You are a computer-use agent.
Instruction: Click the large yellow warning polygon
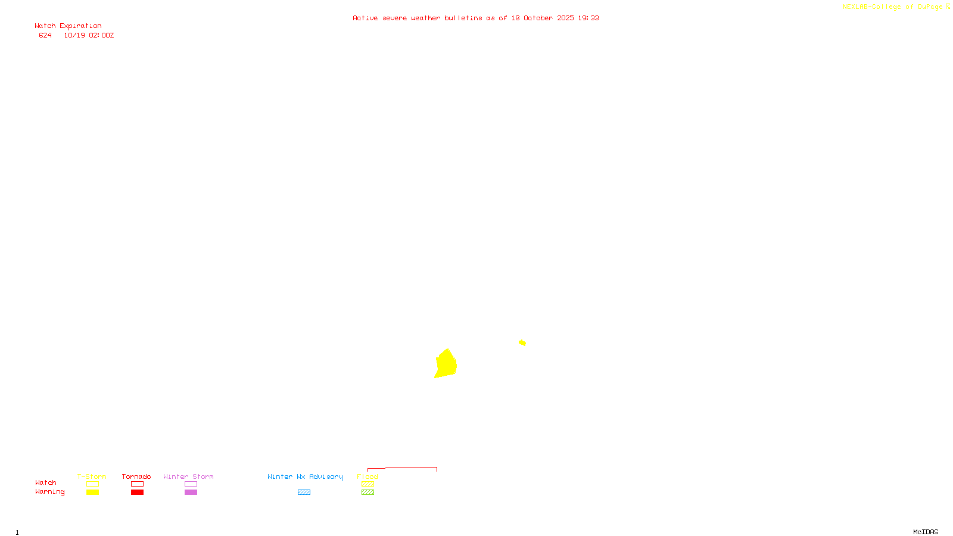pos(446,364)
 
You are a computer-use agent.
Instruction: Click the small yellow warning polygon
pos(522,342)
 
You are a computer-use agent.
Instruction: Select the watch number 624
pos(45,35)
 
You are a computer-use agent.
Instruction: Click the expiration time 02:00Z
pos(101,35)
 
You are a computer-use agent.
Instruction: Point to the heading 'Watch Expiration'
pos(68,26)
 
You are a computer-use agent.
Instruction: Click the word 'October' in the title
pos(538,18)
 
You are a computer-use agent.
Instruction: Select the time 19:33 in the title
pos(588,18)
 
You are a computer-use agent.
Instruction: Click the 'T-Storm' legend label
pos(92,476)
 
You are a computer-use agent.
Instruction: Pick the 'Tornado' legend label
pos(136,476)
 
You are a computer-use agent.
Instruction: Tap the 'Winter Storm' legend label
pos(188,476)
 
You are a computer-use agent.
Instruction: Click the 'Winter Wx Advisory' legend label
pos(305,476)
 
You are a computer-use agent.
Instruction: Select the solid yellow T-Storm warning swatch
pos(92,493)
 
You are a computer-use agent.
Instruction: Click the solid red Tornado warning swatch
pos(138,493)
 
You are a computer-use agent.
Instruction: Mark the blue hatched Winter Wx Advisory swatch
pos(304,493)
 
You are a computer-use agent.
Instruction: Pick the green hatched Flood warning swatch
pos(368,493)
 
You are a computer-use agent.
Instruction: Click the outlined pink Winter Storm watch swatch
pos(191,484)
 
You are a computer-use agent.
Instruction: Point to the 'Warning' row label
pos(50,492)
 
